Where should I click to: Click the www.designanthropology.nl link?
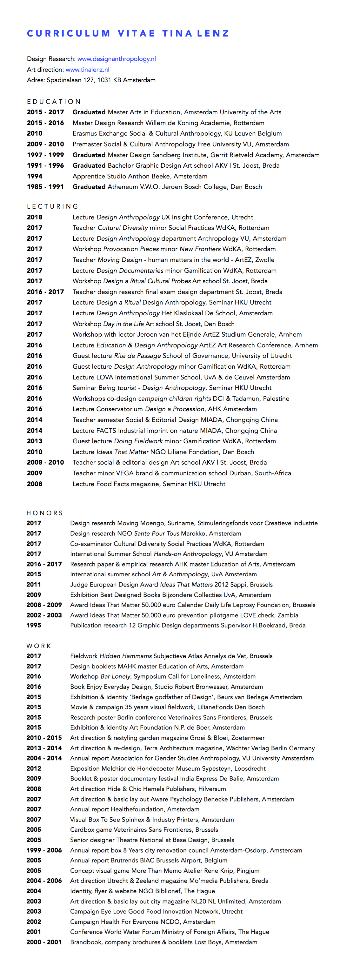117,59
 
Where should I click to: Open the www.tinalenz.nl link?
88,70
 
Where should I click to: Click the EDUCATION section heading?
54,102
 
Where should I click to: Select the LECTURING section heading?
53,206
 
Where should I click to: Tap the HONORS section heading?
45,513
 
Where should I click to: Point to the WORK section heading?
39,646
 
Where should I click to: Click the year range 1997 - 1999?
45,155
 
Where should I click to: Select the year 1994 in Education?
35,176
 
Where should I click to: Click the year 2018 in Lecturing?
35,217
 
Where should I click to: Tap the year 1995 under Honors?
34,625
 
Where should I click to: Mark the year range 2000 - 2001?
44,942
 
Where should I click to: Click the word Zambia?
288,615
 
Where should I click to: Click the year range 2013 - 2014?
44,748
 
